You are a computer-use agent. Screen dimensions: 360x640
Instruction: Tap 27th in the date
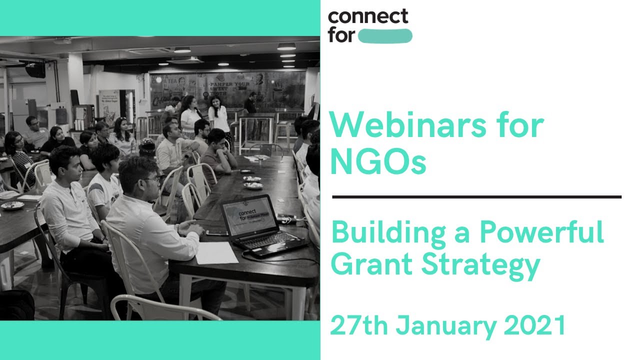(x=359, y=326)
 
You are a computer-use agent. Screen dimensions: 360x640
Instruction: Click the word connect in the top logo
(x=368, y=17)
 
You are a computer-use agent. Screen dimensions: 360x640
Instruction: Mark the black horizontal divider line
(x=476, y=197)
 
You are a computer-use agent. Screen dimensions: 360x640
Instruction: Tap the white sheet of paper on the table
(x=216, y=252)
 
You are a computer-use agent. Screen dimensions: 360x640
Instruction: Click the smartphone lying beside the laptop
(x=216, y=232)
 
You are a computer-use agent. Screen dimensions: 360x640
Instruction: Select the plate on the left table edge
(x=12, y=205)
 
